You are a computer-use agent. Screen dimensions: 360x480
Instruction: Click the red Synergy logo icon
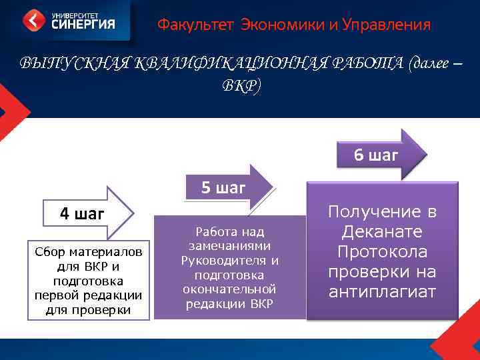pos(34,20)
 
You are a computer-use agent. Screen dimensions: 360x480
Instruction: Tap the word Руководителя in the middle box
pos(221,260)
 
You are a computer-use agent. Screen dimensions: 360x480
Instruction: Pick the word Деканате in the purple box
pos(383,232)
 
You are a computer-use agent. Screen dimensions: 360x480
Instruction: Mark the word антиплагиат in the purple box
pos(383,292)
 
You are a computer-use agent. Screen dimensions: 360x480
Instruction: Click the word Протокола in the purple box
pos(383,252)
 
